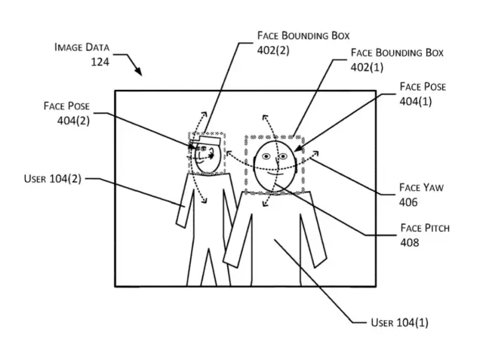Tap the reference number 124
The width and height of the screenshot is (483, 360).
pyautogui.click(x=99, y=62)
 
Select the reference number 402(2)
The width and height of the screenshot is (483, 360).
pyautogui.click(x=273, y=51)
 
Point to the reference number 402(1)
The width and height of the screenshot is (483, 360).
pyautogui.click(x=368, y=67)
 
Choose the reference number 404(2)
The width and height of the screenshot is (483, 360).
pyautogui.click(x=74, y=120)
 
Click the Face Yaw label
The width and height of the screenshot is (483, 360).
pyautogui.click(x=420, y=187)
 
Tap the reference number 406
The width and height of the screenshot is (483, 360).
pyautogui.click(x=408, y=202)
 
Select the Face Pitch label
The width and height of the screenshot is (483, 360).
pyautogui.click(x=424, y=227)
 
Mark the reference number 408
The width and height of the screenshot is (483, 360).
pyautogui.click(x=410, y=242)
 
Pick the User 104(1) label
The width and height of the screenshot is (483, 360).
pyautogui.click(x=399, y=322)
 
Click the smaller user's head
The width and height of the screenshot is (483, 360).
pyautogui.click(x=205, y=157)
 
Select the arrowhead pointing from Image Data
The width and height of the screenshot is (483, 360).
pyautogui.click(x=140, y=72)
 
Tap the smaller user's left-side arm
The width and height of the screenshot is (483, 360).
pyautogui.click(x=183, y=205)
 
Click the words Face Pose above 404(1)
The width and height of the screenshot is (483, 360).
pyautogui.click(x=423, y=87)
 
